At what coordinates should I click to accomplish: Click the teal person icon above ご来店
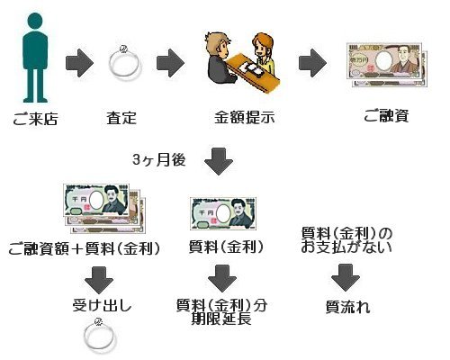tap(35, 57)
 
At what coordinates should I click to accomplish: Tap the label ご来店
tap(35, 119)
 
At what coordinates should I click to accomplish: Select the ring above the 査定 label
tap(124, 64)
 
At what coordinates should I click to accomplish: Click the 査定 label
tap(121, 118)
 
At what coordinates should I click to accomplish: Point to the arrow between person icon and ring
tap(79, 63)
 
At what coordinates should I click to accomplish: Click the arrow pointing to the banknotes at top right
tap(312, 63)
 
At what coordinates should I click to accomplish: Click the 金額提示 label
tap(245, 118)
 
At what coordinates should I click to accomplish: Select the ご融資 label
tap(386, 116)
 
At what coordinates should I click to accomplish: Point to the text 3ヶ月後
tap(159, 160)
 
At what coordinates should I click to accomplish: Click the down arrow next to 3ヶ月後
tap(219, 162)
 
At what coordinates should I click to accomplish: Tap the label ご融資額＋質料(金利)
tap(85, 248)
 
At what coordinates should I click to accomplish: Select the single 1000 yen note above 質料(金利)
tap(223, 213)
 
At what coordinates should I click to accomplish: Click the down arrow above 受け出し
tap(99, 280)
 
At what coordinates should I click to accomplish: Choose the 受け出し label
tap(102, 306)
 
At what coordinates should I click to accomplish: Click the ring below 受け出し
tap(99, 337)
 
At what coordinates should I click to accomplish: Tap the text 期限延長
tap(221, 319)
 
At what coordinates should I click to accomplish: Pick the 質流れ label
tap(348, 308)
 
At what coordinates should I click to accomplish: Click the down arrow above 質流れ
tap(346, 278)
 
